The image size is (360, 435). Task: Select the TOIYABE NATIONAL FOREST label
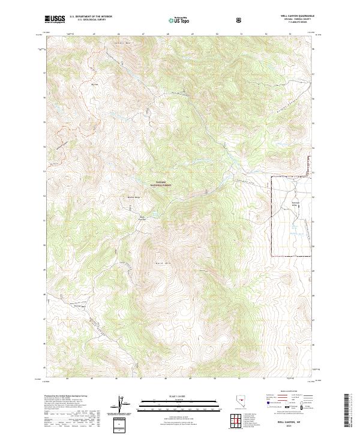(164, 185)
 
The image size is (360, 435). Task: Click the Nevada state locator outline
(237, 403)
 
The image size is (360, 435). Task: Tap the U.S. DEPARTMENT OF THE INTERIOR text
(91, 16)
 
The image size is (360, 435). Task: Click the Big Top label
(94, 85)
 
